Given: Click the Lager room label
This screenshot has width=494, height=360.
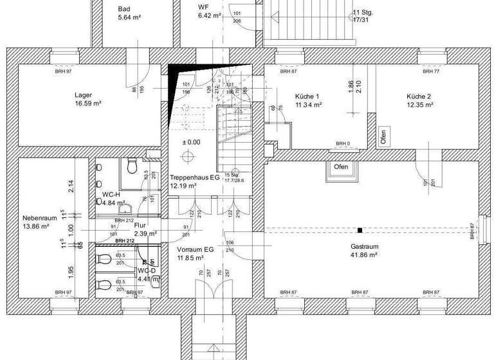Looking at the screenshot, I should click(84, 94).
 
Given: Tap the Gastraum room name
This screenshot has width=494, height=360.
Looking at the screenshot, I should click(363, 246).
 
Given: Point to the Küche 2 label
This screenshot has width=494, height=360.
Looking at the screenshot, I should click(419, 96).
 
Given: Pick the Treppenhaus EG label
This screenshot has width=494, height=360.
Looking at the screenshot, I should click(195, 177).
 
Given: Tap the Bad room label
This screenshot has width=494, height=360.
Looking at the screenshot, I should click(125, 9).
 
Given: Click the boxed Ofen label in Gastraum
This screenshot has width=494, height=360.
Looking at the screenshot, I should click(341, 168).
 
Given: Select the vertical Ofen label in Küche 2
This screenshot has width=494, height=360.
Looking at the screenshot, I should click(383, 137).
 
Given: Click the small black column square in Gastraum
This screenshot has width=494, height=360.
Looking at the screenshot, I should click(360, 230).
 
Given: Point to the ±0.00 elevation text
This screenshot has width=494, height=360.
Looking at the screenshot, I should click(191, 142).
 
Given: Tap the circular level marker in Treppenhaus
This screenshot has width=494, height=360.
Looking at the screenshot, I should click(188, 156).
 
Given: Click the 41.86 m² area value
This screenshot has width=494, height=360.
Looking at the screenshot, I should click(363, 255).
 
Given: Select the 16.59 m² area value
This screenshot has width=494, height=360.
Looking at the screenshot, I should click(89, 103).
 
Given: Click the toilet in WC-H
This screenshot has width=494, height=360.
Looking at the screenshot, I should click(133, 167).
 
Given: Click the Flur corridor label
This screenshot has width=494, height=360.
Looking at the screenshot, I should click(140, 226).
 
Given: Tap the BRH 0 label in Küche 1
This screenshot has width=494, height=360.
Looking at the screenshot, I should click(343, 143).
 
